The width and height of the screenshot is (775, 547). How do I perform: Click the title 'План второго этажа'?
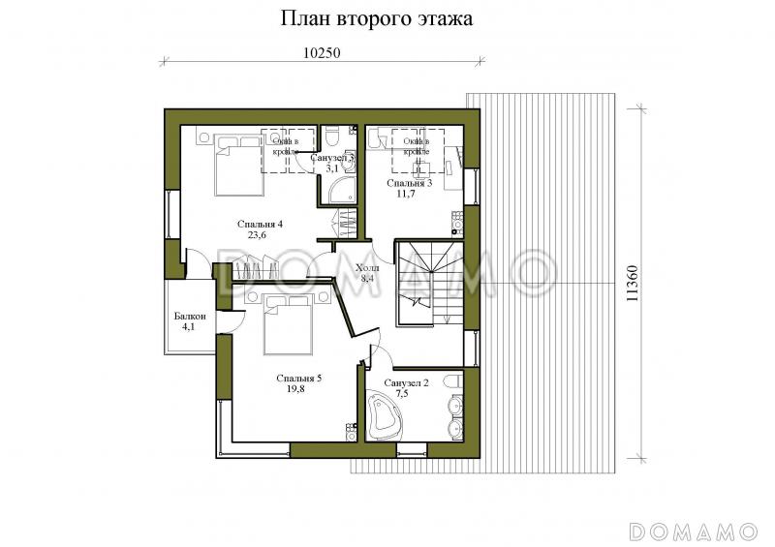pyautogui.click(x=377, y=19)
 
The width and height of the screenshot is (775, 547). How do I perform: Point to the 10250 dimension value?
pyautogui.click(x=321, y=53)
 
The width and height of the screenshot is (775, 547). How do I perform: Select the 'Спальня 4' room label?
pyautogui.click(x=259, y=224)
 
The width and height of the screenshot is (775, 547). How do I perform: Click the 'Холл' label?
pyautogui.click(x=367, y=268)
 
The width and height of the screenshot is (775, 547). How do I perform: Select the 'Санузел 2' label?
pyautogui.click(x=407, y=383)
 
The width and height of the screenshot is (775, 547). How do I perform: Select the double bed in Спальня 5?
pyautogui.click(x=288, y=320)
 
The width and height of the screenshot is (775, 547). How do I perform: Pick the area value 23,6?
pyautogui.click(x=258, y=235)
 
